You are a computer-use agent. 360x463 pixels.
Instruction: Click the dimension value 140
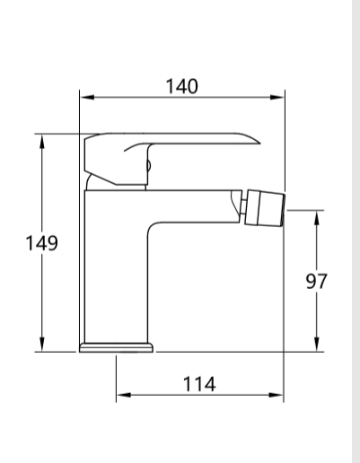tap(181, 85)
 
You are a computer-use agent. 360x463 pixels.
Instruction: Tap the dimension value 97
tap(316, 281)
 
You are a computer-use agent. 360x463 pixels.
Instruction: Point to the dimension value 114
tap(198, 383)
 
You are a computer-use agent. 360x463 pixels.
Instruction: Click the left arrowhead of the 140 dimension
tap(84, 98)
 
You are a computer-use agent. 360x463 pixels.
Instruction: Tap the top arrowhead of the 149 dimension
tap(41, 140)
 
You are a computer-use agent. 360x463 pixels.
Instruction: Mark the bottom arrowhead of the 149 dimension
tap(41, 347)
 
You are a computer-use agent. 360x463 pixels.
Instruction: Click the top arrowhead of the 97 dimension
tap(316, 215)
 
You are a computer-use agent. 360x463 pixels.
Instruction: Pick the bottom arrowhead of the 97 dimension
tap(316, 347)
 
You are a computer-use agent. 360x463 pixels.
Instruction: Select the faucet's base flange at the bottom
tap(117, 346)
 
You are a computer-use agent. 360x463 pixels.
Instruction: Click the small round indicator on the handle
tap(147, 165)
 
